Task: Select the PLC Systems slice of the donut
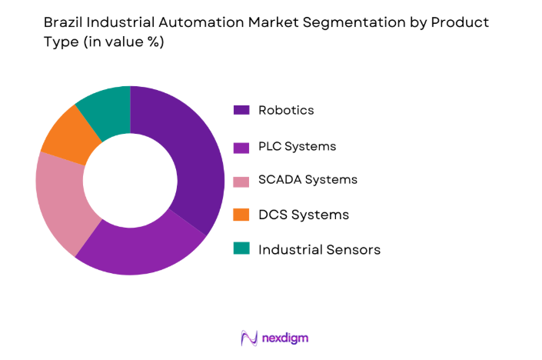tap(142, 242)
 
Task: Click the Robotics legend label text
tap(286, 110)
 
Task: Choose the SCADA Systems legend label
tap(308, 180)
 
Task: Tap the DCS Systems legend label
tap(304, 215)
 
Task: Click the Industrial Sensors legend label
tap(319, 249)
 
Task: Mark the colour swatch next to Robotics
tap(241, 110)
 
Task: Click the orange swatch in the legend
tap(241, 215)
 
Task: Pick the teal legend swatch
tap(241, 249)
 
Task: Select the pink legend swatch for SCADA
tap(241, 180)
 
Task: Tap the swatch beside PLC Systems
tap(241, 145)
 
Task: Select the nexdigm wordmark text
tap(285, 338)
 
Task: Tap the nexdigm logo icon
tap(248, 338)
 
